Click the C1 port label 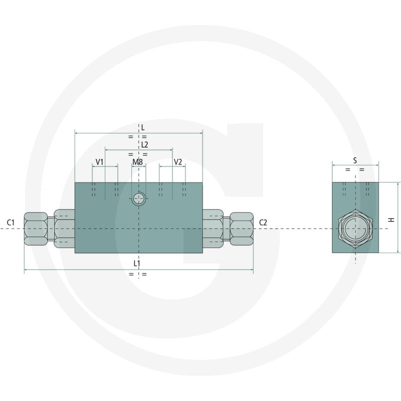point(11,223)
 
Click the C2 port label point(263,223)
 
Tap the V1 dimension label point(99,162)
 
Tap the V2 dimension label point(178,162)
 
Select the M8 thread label point(137,162)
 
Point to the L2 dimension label point(144,145)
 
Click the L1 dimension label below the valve point(137,263)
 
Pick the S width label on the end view point(355,160)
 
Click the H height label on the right point(391,220)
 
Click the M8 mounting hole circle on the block point(139,198)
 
